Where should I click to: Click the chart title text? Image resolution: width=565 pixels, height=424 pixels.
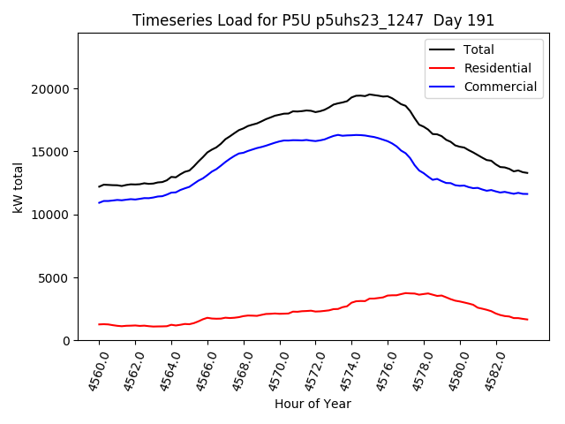(x=313, y=20)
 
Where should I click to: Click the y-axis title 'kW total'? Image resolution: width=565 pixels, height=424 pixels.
(x=18, y=187)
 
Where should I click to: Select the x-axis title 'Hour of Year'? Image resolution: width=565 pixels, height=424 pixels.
(x=313, y=404)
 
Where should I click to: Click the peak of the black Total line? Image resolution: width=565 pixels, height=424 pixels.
(x=369, y=94)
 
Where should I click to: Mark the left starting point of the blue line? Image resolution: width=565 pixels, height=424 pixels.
(x=99, y=202)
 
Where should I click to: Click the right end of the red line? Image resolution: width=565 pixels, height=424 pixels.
(x=528, y=319)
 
